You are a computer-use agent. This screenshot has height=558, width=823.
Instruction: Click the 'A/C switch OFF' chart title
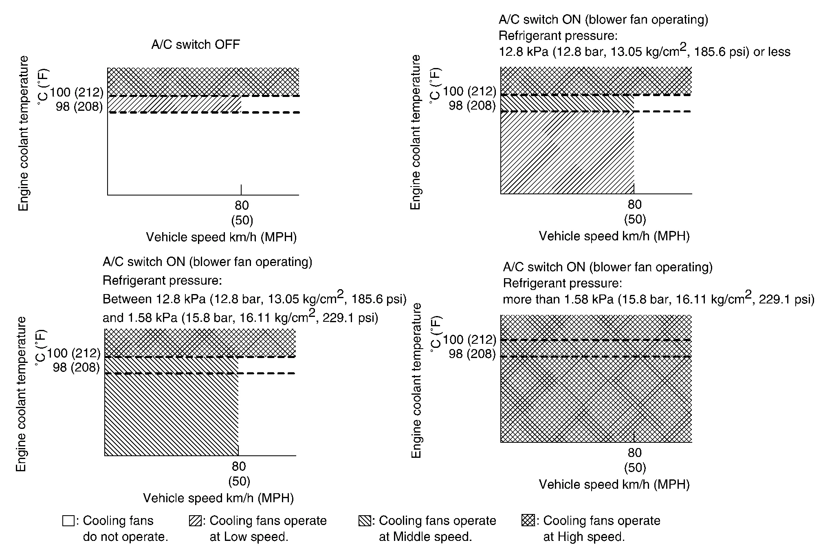coord(196,44)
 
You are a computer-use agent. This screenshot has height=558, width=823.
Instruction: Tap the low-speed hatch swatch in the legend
coord(195,521)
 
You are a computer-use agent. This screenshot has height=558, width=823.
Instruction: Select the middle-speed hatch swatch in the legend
coord(364,521)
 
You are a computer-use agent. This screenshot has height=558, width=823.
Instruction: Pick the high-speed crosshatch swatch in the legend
coord(528,521)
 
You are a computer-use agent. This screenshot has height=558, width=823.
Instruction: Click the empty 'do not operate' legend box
coord(68,521)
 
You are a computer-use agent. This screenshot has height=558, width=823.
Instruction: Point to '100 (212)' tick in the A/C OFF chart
coord(77,92)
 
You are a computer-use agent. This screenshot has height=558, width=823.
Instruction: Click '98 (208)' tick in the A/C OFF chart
coord(79,107)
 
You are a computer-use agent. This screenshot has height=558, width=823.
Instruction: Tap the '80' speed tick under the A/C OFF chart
coord(242,205)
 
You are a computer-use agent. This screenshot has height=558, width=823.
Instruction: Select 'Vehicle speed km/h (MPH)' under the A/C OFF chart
coord(221,237)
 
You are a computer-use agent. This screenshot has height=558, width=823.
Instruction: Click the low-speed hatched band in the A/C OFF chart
coord(174,104)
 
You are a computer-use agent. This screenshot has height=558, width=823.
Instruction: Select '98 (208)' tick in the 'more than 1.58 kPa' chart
coord(472,354)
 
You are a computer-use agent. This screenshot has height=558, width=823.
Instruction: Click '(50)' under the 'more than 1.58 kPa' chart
coord(635,468)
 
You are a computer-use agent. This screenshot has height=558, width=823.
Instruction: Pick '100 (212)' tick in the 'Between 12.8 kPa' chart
coord(74,353)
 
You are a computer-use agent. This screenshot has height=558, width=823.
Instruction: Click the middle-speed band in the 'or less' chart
coord(567,103)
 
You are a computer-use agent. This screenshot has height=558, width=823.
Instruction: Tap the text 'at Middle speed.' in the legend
coord(425,537)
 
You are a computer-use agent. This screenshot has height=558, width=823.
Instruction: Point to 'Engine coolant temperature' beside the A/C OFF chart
coord(24,133)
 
